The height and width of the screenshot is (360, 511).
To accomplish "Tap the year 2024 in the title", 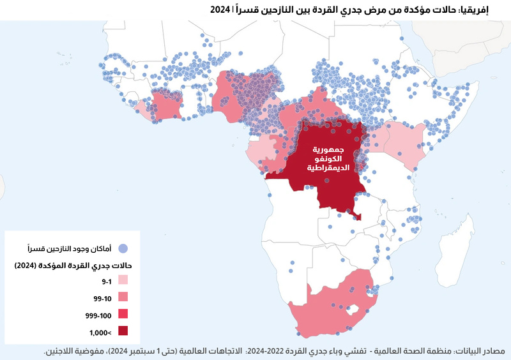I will tap(220, 9).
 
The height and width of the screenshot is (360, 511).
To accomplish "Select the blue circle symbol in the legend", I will tap(124, 248).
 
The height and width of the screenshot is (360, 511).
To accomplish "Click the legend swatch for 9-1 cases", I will tap(123, 280).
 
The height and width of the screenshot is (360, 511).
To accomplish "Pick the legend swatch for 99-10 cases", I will tap(123, 297).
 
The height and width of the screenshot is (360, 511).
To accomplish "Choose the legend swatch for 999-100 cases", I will tap(123, 314).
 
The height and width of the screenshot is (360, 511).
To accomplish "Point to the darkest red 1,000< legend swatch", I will tap(123, 331).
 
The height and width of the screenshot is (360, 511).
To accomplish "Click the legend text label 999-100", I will tap(97, 315).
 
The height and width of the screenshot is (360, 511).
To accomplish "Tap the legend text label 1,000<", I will tap(100, 332).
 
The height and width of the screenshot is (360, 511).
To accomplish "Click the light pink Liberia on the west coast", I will tap(146, 114).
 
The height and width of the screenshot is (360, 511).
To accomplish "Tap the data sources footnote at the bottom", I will tap(275, 352).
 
